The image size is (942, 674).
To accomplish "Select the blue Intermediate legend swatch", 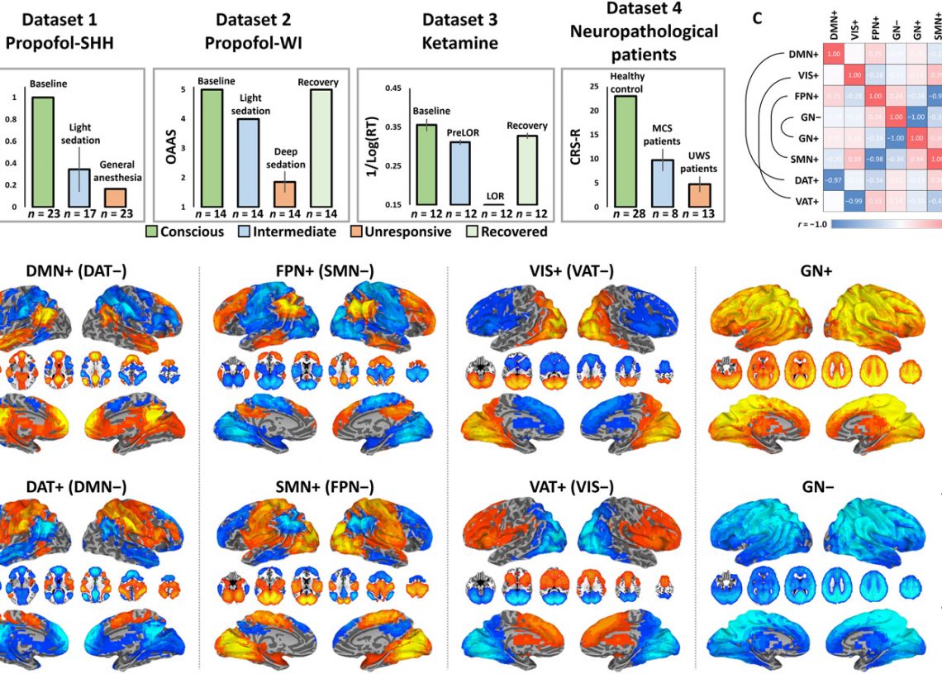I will click(245, 232).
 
